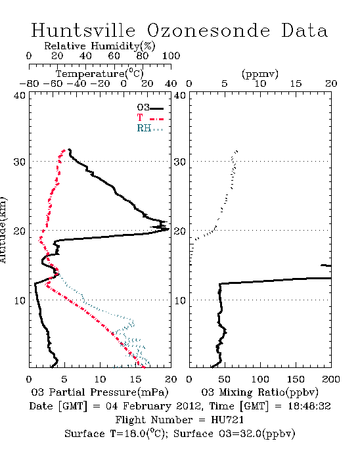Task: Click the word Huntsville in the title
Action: point(83,30)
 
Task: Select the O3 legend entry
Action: point(150,108)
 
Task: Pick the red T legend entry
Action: point(150,118)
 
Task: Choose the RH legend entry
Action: point(150,128)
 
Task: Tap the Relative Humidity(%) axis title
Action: point(100,46)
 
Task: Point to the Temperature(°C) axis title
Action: point(100,74)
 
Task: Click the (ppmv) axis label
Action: point(260,74)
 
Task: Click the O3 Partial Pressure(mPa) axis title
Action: point(100,392)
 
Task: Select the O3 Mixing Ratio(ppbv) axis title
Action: point(259,392)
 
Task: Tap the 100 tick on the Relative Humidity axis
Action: point(171,55)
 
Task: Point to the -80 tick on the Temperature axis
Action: point(29,83)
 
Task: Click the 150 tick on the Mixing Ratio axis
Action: point(296,379)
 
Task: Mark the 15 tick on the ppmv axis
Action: point(296,83)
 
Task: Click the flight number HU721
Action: point(227,420)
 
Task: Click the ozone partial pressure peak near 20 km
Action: point(168,229)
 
